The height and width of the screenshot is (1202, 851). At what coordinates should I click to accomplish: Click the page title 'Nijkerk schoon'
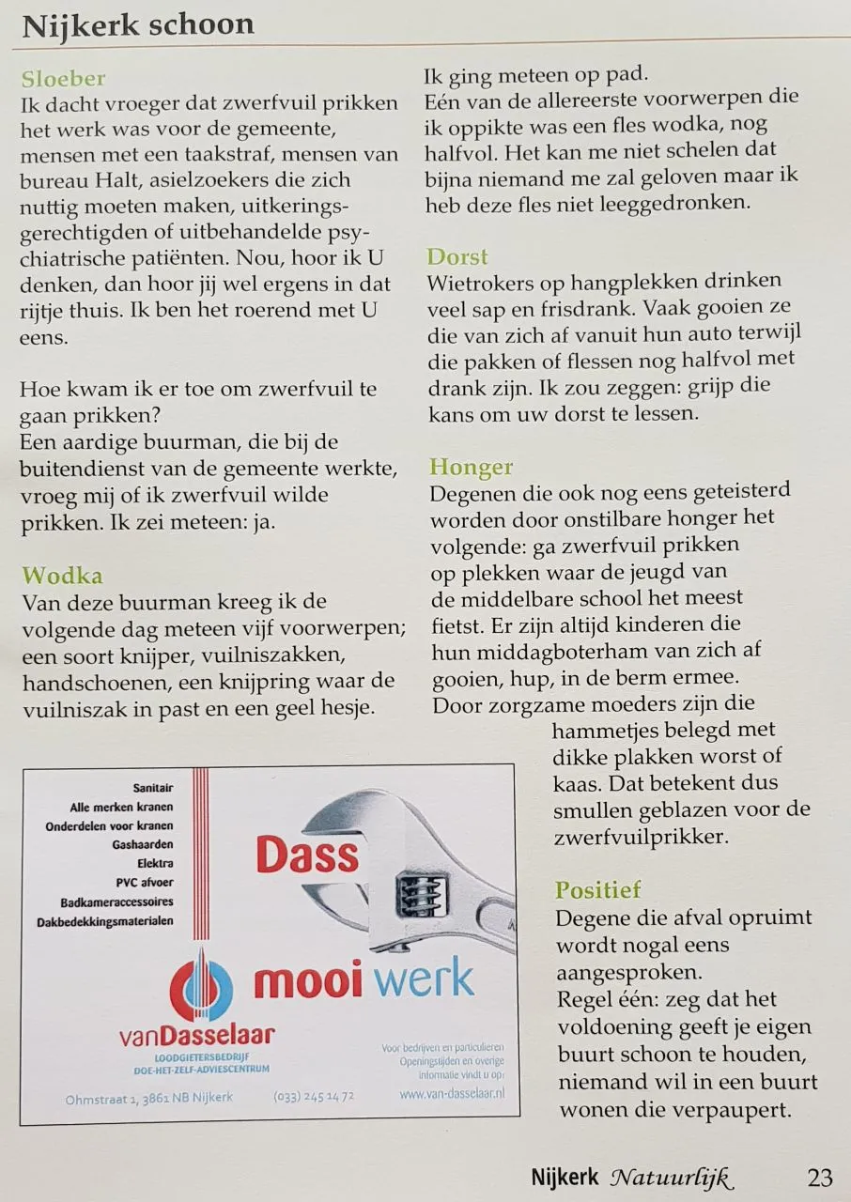[x=138, y=24]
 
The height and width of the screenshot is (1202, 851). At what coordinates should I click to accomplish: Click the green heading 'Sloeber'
[x=63, y=79]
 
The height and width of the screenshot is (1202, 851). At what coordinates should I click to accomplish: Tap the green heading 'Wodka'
[x=62, y=575]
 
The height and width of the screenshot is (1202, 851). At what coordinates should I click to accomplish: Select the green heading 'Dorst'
[x=457, y=256]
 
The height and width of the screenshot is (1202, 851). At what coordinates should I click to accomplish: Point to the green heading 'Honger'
[x=472, y=467]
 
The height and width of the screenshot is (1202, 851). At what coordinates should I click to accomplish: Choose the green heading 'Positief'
[x=598, y=889]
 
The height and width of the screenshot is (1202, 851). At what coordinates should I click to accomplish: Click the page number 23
[x=819, y=1177]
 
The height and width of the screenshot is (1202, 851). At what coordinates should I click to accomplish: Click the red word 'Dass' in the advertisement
[x=307, y=855]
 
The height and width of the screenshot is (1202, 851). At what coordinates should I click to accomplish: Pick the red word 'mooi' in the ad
[x=308, y=980]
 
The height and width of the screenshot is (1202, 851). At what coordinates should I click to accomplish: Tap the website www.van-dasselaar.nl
[x=452, y=1093]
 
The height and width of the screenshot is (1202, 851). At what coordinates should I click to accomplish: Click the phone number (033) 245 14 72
[x=314, y=1096]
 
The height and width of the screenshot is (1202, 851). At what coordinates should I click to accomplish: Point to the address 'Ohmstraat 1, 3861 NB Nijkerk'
[x=149, y=1097]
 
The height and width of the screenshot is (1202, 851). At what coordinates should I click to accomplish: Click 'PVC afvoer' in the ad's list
[x=145, y=883]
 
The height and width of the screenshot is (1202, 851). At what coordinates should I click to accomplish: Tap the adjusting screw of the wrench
[x=413, y=891]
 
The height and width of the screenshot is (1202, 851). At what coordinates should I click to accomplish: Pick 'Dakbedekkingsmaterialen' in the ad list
[x=105, y=921]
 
